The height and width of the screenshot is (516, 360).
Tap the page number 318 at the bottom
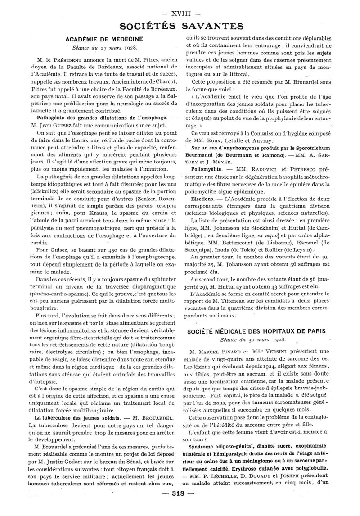tap(179, 505)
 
